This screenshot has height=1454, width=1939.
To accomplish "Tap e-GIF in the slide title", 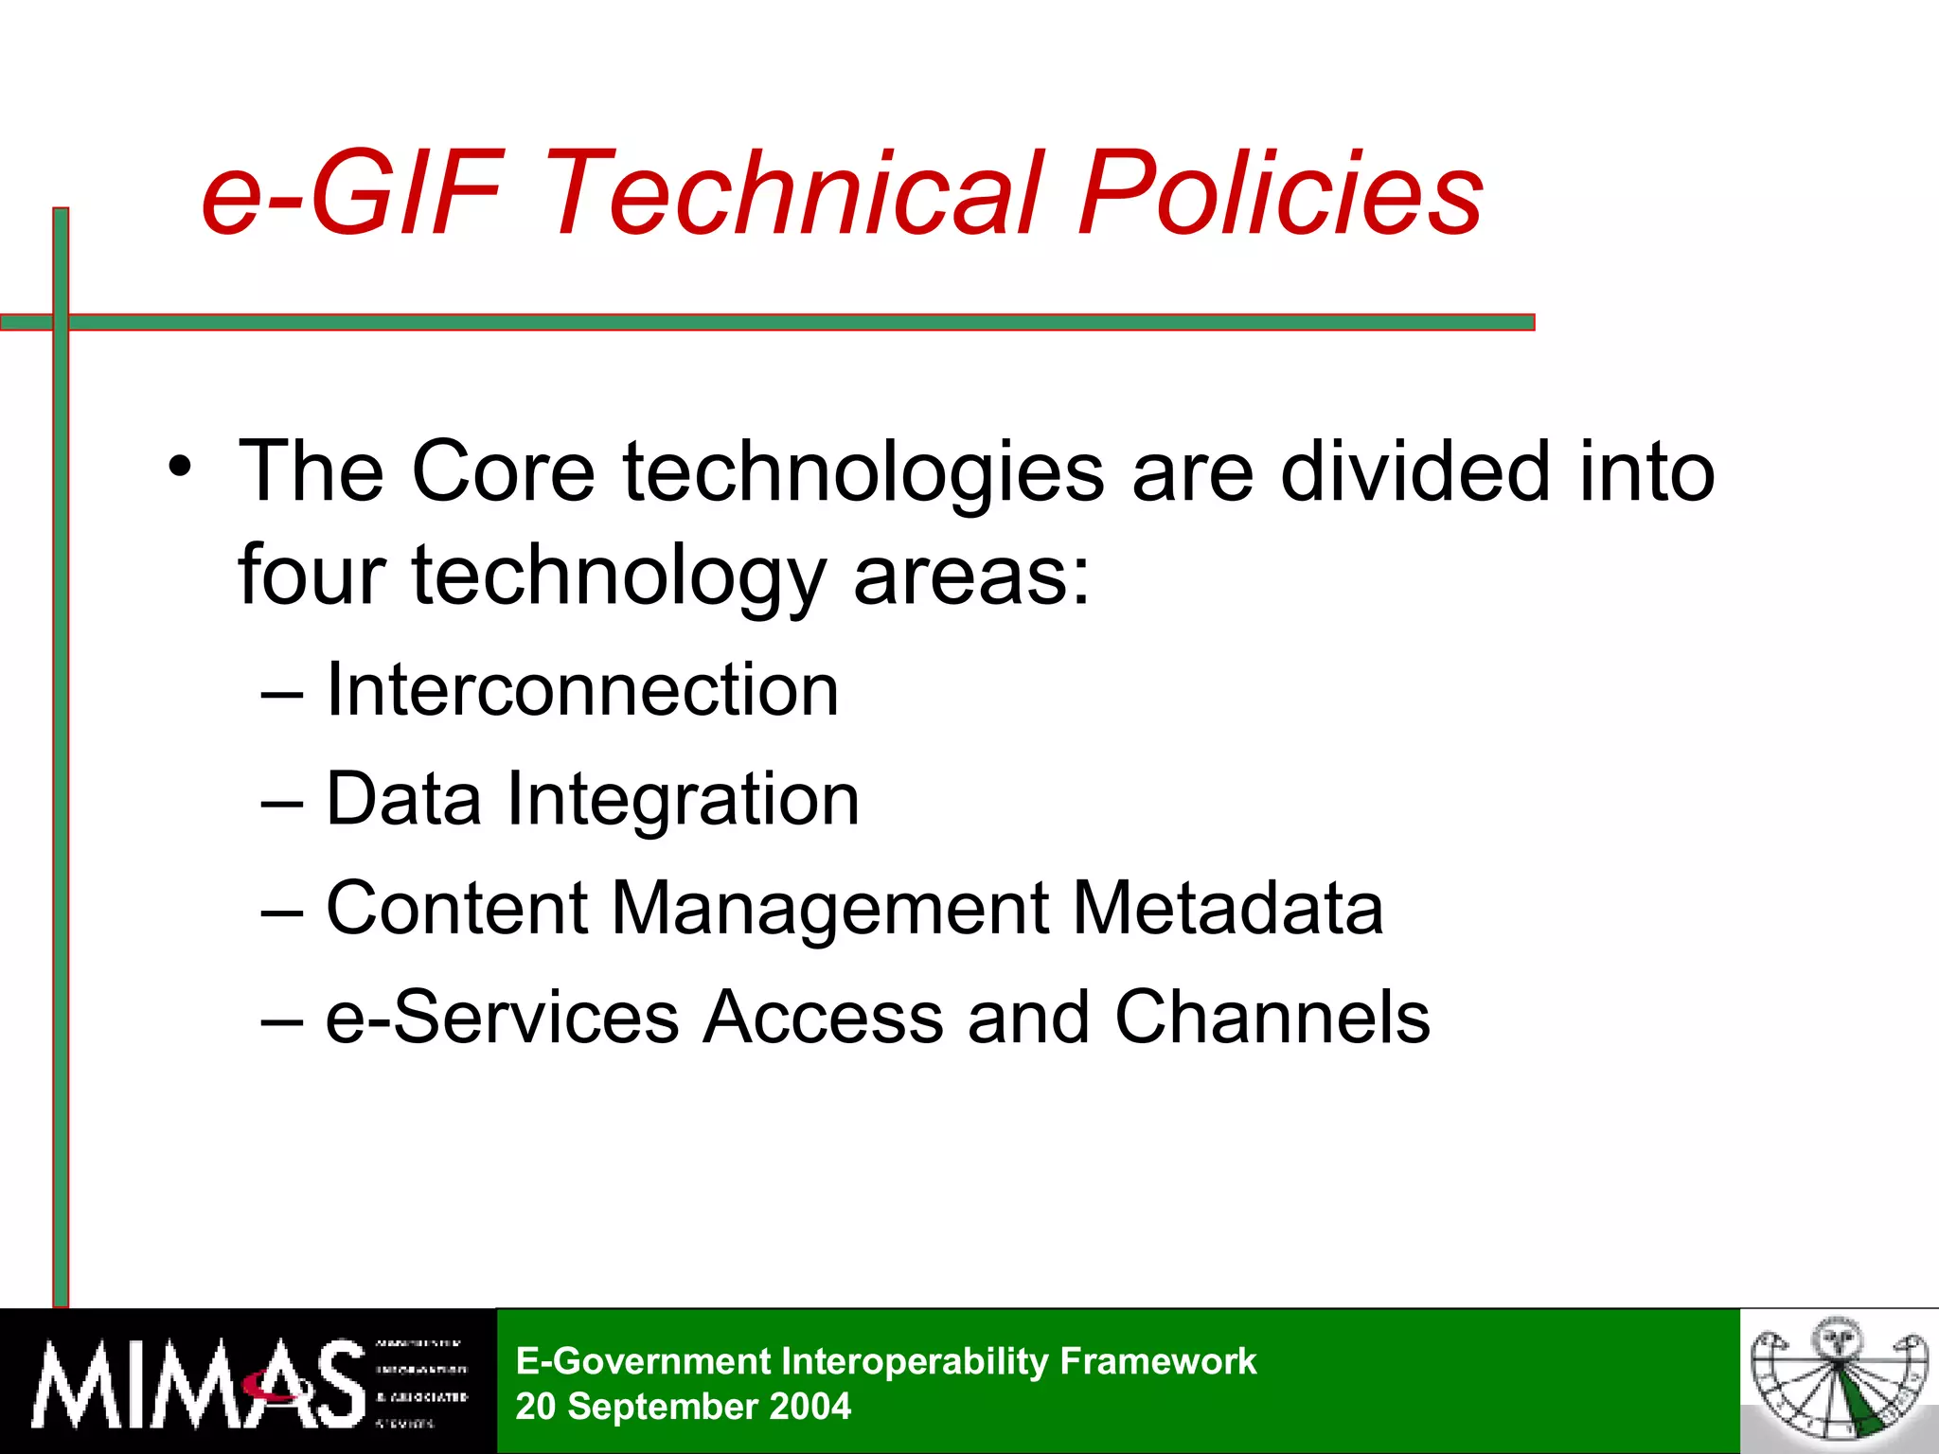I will coord(350,194).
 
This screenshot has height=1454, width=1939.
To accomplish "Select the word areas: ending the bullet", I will coord(971,577).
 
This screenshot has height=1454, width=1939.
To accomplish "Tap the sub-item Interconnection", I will coord(581,690).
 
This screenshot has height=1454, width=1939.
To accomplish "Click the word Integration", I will coord(683,801).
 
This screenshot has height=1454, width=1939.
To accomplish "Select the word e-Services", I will coord(502,1018).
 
